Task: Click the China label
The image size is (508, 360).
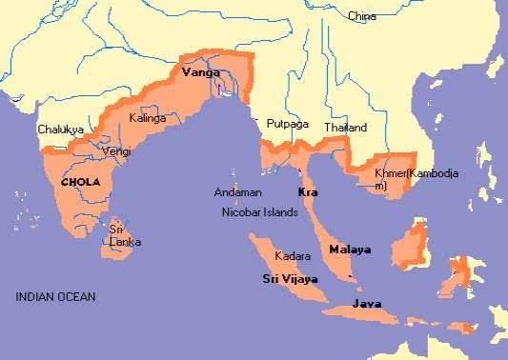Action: click(361, 16)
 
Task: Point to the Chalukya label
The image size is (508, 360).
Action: click(60, 129)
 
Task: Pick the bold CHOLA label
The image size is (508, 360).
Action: click(80, 181)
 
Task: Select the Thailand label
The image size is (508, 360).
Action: click(344, 127)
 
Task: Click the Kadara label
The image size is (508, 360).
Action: click(292, 256)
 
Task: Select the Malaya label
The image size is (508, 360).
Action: click(349, 249)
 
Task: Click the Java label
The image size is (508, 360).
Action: click(367, 304)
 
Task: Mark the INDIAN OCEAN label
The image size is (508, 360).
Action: click(55, 297)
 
